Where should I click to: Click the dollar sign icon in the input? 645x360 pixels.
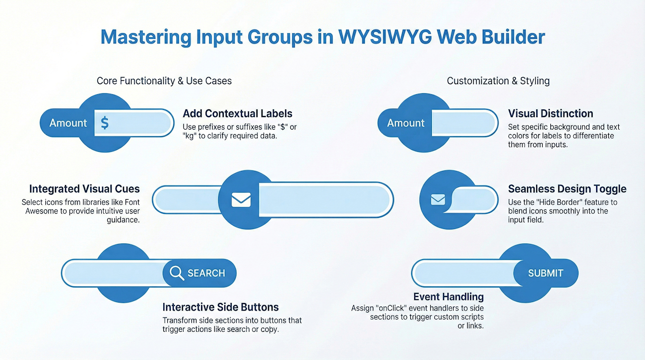(104, 123)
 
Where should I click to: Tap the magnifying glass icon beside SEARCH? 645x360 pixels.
(176, 273)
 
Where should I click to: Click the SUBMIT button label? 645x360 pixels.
(545, 273)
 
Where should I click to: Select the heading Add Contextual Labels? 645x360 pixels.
(237, 113)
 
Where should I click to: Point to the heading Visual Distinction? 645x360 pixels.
(550, 113)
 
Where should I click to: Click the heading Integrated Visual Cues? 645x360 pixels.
(84, 189)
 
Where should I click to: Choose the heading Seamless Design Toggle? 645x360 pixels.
(567, 189)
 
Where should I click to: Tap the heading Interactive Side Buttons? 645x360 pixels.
(220, 307)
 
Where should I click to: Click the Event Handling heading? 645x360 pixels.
(448, 296)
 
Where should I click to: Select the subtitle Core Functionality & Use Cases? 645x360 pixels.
(164, 81)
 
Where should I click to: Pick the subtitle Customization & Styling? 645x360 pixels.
(498, 81)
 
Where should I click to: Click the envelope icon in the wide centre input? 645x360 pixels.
(241, 200)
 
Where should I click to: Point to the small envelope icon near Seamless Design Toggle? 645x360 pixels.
(438, 200)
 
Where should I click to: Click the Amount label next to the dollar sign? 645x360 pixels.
(68, 123)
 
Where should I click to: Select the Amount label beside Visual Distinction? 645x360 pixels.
(406, 123)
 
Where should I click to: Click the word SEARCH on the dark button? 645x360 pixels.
(206, 273)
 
